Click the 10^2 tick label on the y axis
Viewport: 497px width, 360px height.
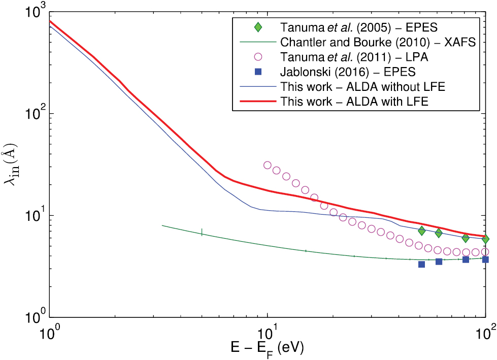tap(31, 113)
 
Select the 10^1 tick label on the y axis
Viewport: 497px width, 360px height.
tap(31, 214)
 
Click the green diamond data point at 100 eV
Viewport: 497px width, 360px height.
tap(486, 239)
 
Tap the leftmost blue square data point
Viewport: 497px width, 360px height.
tap(421, 264)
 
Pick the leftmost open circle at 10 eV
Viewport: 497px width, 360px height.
tap(268, 165)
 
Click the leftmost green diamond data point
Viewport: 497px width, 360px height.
tap(421, 231)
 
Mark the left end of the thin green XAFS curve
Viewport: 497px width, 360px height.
tap(162, 225)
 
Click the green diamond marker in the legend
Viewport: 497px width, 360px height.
tap(258, 26)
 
